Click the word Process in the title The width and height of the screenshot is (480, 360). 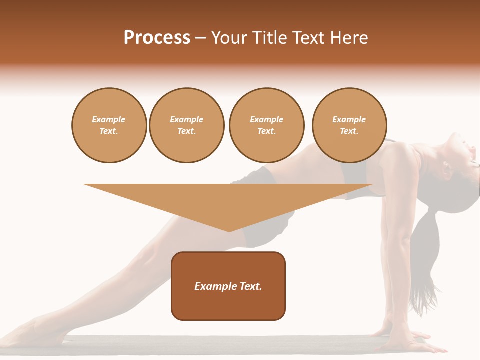[x=157, y=38]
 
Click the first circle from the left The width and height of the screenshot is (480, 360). [x=109, y=125]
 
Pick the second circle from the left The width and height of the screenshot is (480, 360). [x=187, y=125]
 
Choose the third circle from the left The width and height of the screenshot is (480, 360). [x=266, y=125]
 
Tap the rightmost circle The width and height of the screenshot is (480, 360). [x=349, y=125]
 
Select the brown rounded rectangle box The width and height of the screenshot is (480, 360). [x=228, y=305]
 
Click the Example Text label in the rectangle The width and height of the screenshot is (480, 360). [x=228, y=286]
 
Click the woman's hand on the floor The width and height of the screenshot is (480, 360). [x=400, y=340]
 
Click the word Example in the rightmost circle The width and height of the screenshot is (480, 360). [x=349, y=119]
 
